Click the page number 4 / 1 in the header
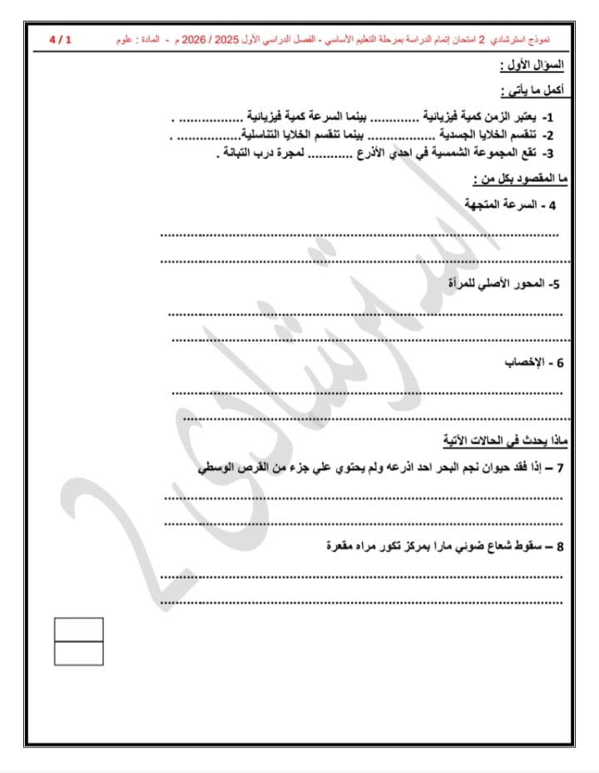pyautogui.click(x=61, y=39)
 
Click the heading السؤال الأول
pyautogui.click(x=532, y=65)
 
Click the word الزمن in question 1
pyautogui.click(x=500, y=116)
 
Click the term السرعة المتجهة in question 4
pyautogui.click(x=496, y=204)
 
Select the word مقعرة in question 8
pyautogui.click(x=344, y=546)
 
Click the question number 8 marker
pyautogui.click(x=560, y=547)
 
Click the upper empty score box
pyautogui.click(x=79, y=629)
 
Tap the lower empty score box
pyautogui.click(x=79, y=653)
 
